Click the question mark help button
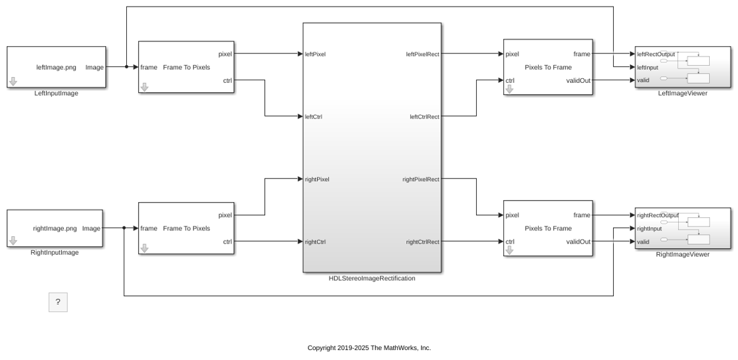[58, 302]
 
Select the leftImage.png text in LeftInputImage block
[56, 67]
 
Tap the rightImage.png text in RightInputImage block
[55, 228]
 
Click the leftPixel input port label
[315, 54]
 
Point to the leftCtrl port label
[314, 117]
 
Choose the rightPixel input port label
[317, 180]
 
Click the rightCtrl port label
[315, 242]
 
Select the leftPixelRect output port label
[423, 54]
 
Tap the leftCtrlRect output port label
[424, 117]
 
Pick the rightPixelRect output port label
[421, 180]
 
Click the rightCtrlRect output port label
[423, 242]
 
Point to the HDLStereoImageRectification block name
[372, 278]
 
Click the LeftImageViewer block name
[683, 93]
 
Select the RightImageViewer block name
[683, 255]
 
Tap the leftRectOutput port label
[656, 54]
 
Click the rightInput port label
[649, 228]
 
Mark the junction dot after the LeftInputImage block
[126, 67]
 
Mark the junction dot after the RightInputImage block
[124, 228]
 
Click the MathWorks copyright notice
[369, 348]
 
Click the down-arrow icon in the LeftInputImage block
[13, 82]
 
